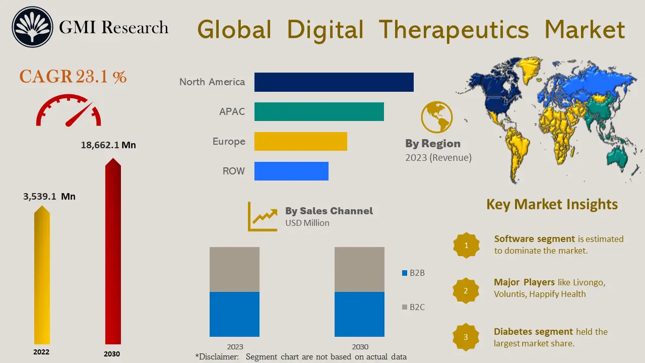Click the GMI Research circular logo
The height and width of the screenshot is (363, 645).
pyautogui.click(x=33, y=27)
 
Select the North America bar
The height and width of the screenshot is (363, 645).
pyautogui.click(x=334, y=82)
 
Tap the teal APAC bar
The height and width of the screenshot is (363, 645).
pyautogui.click(x=319, y=111)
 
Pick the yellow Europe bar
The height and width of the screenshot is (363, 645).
pyautogui.click(x=300, y=141)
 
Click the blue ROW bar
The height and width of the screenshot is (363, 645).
pyautogui.click(x=291, y=171)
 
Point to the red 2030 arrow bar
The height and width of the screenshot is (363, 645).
pyautogui.click(x=113, y=252)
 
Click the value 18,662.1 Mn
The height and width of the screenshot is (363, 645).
pyautogui.click(x=108, y=145)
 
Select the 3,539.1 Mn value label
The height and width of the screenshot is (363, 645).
pyautogui.click(x=49, y=196)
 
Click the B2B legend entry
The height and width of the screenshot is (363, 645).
pyautogui.click(x=413, y=273)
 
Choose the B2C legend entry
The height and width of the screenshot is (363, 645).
pyautogui.click(x=413, y=307)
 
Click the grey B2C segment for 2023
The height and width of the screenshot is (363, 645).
pyautogui.click(x=234, y=269)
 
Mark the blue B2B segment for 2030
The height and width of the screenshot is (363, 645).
pyautogui.click(x=359, y=314)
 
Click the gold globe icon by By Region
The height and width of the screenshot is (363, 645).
pyautogui.click(x=436, y=116)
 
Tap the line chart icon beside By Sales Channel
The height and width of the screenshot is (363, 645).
pyautogui.click(x=263, y=217)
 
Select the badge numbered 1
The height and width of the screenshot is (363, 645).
pyautogui.click(x=466, y=246)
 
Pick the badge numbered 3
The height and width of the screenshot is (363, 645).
pyautogui.click(x=466, y=337)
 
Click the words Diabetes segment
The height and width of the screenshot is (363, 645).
pyautogui.click(x=533, y=332)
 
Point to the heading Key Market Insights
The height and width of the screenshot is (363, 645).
pyautogui.click(x=552, y=204)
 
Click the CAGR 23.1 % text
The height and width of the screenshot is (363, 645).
pyautogui.click(x=73, y=77)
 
